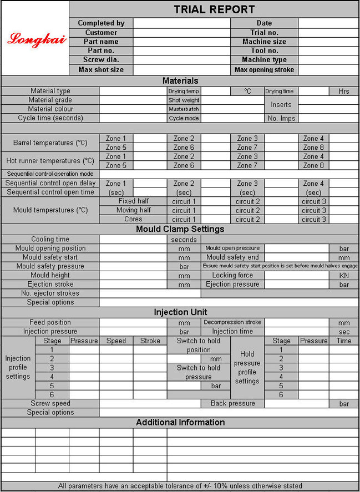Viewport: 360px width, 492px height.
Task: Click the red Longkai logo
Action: [x=37, y=39]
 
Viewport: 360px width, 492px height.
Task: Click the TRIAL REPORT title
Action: [x=214, y=9]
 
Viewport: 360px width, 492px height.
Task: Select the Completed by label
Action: [x=101, y=23]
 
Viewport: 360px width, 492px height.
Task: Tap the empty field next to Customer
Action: [x=181, y=33]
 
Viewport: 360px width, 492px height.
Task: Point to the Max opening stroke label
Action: [x=264, y=70]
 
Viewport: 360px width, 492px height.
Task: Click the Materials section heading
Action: [x=180, y=81]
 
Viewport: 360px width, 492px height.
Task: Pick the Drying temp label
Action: [x=184, y=91]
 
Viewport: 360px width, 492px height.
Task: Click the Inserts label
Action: [x=281, y=104]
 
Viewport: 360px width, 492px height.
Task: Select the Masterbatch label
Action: [x=184, y=109]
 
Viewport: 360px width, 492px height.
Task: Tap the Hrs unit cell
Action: [x=344, y=91]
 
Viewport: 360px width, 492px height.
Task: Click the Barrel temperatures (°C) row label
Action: [x=50, y=143]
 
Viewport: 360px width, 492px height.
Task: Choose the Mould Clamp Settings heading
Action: [x=180, y=229]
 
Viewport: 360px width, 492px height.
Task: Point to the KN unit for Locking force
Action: [x=344, y=275]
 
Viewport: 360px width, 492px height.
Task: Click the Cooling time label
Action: [x=50, y=240]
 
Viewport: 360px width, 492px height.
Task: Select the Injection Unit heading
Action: [x=180, y=312]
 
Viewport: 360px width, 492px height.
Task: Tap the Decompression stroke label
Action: [x=232, y=322]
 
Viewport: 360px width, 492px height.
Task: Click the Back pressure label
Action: [x=233, y=403]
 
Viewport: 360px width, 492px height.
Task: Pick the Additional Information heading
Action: [x=180, y=422]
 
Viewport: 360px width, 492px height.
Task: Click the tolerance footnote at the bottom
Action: [x=180, y=486]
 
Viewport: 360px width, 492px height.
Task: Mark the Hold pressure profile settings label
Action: [x=247, y=367]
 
